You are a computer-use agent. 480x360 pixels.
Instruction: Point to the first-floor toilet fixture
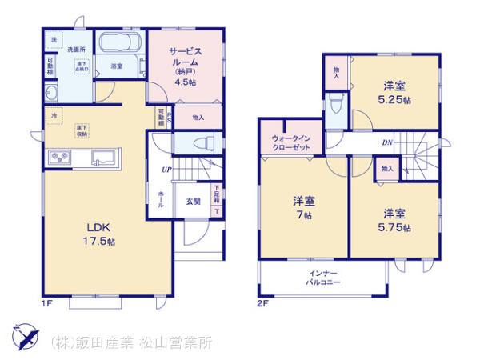click(x=203, y=143)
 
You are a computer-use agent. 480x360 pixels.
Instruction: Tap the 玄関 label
click(x=194, y=201)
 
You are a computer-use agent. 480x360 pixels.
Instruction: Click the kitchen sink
click(x=104, y=156)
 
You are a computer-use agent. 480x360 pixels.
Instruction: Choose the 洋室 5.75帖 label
click(x=396, y=221)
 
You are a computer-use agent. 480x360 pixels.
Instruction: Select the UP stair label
click(x=166, y=170)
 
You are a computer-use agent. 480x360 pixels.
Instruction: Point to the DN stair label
click(x=386, y=142)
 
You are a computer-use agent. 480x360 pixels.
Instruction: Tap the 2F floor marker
click(x=261, y=304)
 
